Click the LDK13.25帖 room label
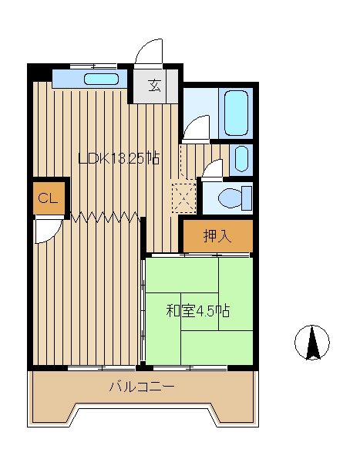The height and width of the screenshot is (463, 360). pyautogui.click(x=119, y=158)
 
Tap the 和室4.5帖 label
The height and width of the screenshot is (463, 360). pyautogui.click(x=198, y=311)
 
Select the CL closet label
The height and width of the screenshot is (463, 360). pyautogui.click(x=48, y=198)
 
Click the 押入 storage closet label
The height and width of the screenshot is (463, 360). pyautogui.click(x=217, y=235)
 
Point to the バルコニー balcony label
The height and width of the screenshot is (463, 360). pyautogui.click(x=142, y=387)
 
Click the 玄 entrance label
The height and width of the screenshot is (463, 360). pyautogui.click(x=155, y=86)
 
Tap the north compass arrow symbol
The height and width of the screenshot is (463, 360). pyautogui.click(x=312, y=343)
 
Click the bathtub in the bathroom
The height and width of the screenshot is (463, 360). pyautogui.click(x=236, y=113)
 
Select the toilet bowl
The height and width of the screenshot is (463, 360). pyautogui.click(x=230, y=198)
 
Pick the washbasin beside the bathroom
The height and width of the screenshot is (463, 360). pyautogui.click(x=241, y=159)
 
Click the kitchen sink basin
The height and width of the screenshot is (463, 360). pyautogui.click(x=101, y=79)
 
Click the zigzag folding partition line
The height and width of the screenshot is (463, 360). pyautogui.click(x=105, y=217)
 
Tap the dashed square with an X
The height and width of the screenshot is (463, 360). pyautogui.click(x=183, y=198)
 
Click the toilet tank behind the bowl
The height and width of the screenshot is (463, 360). pyautogui.click(x=247, y=198)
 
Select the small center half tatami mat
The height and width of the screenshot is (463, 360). pyautogui.click(x=200, y=312)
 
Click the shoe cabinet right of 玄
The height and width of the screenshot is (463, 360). pyautogui.click(x=173, y=86)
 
